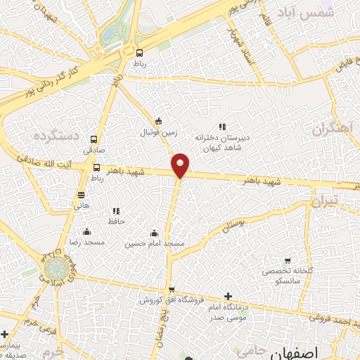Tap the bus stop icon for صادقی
95,139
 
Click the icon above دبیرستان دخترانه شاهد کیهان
222,127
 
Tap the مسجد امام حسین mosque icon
155,233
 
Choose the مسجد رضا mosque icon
86,232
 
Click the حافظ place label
115,221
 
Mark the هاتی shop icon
82,195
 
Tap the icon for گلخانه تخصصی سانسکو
287,262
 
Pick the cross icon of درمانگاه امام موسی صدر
226,297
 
